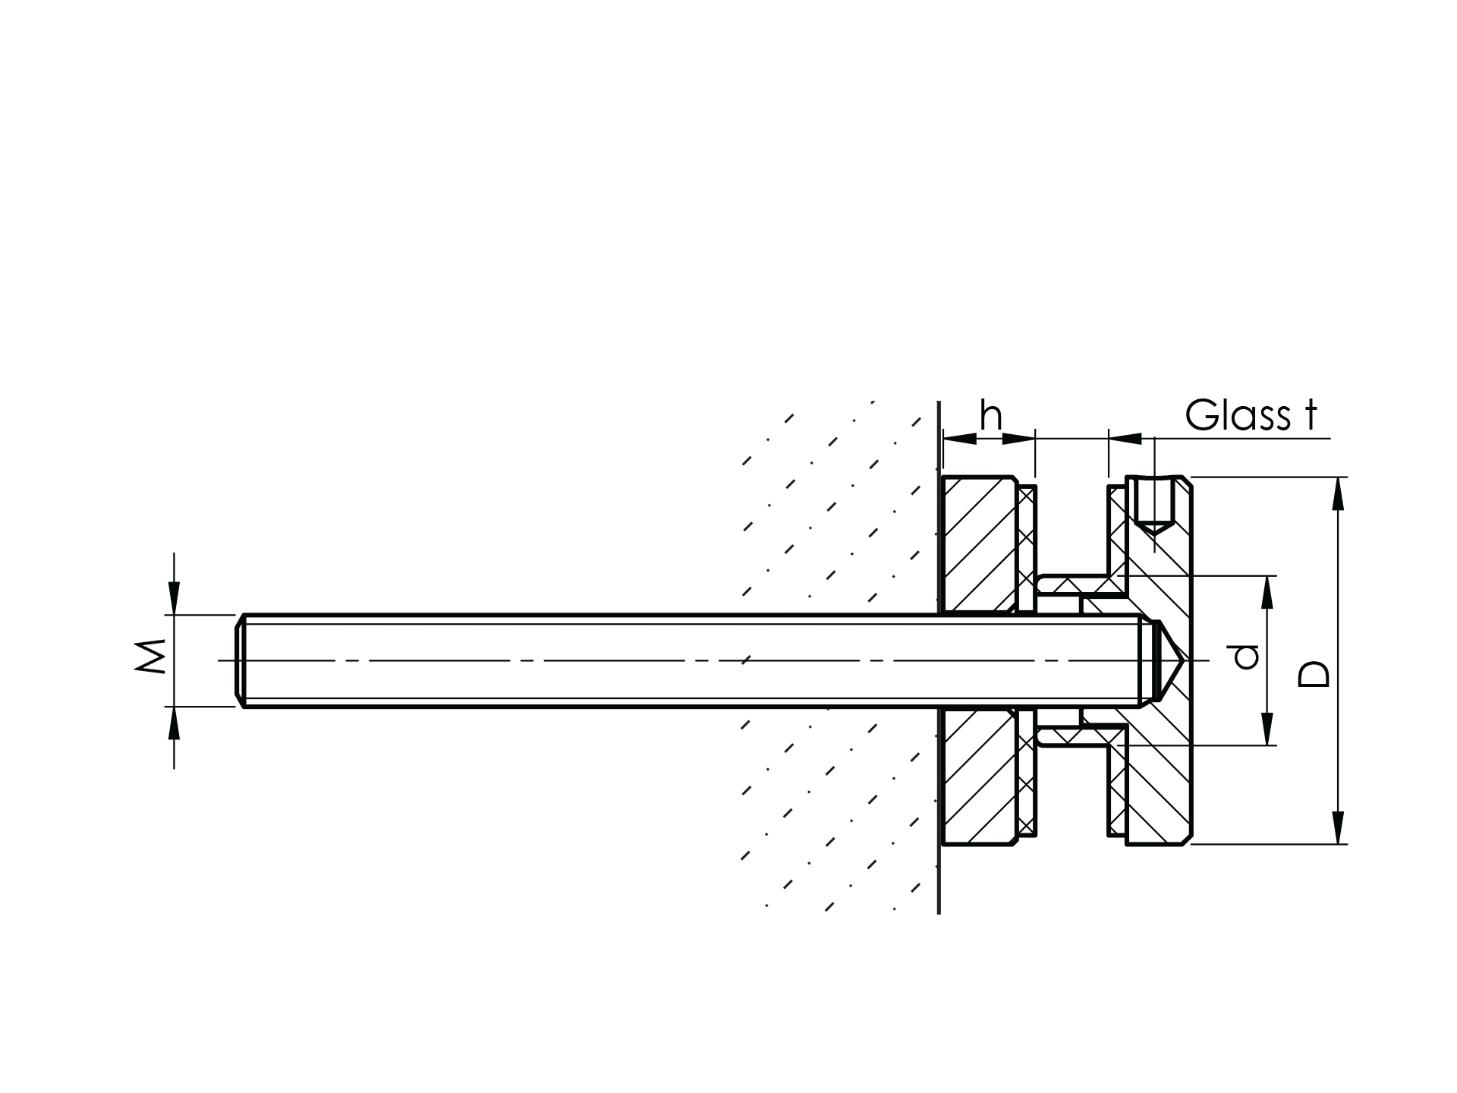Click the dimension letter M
pyautogui.click(x=151, y=657)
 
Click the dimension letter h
pyautogui.click(x=991, y=416)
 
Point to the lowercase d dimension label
pyautogui.click(x=1246, y=657)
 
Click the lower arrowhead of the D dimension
pyautogui.click(x=1338, y=827)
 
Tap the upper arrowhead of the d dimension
pyautogui.click(x=1267, y=592)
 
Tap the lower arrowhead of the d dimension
pyautogui.click(x=1267, y=729)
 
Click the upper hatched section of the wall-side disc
pyautogui.click(x=979, y=543)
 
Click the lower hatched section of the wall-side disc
pyautogui.click(x=979, y=778)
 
